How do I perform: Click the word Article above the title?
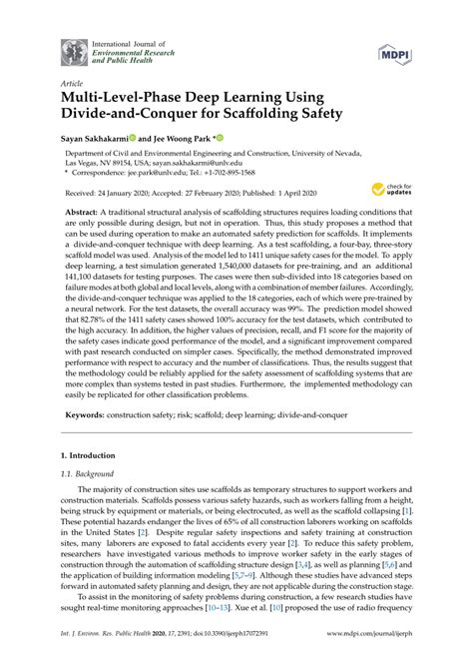coord(73,84)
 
